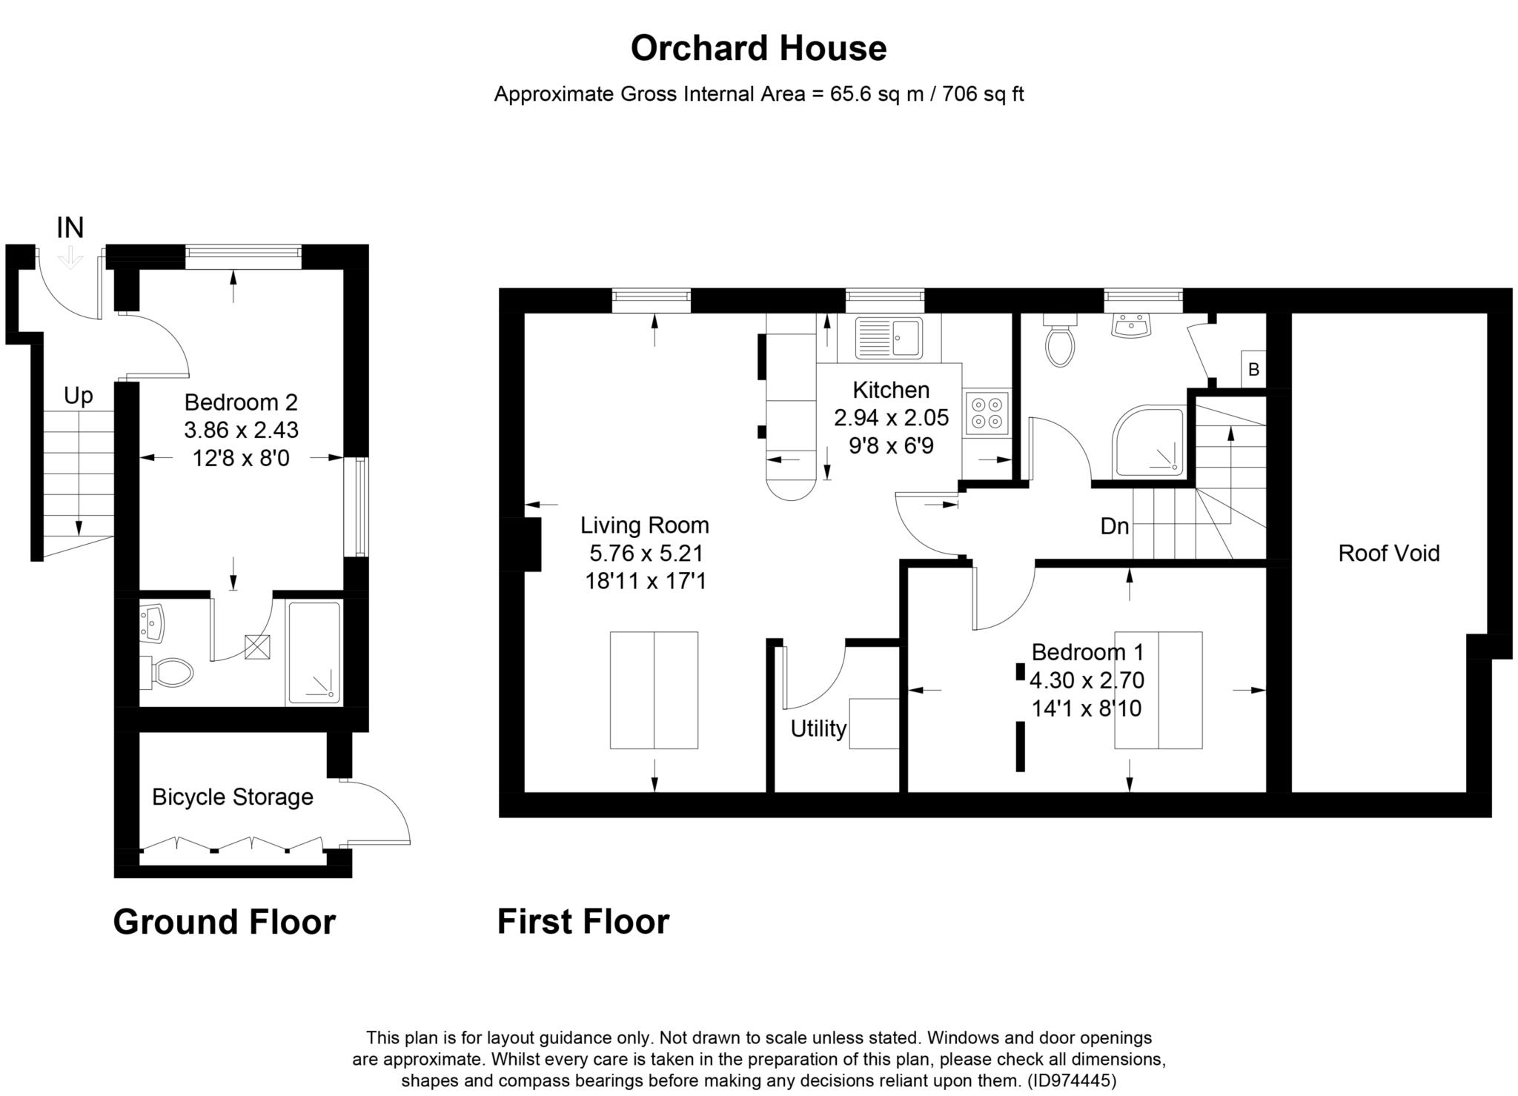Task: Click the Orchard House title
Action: [758, 48]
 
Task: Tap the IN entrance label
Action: [70, 228]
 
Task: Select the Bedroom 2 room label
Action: [241, 402]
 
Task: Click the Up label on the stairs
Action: [79, 396]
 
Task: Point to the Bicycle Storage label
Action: [233, 797]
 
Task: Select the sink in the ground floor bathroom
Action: [153, 622]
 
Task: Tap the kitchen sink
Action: [889, 338]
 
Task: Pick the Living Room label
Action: [645, 525]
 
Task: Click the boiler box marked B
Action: [1253, 369]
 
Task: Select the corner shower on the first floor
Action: [1149, 439]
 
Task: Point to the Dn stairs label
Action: [1115, 527]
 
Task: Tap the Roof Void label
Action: [1389, 554]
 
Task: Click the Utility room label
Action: [818, 729]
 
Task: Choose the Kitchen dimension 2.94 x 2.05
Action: [892, 418]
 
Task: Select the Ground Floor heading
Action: [225, 923]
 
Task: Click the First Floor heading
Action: [583, 922]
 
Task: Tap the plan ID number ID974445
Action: [1073, 1080]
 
